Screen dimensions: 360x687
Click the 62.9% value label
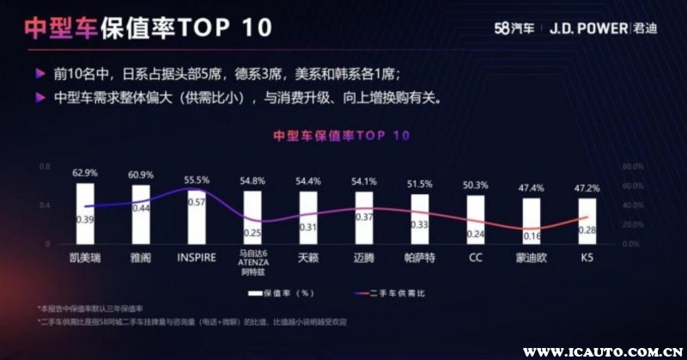click(84, 173)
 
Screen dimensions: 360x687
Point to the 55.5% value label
click(197, 180)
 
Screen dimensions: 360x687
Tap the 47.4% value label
click(532, 187)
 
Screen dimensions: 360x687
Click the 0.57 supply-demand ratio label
click(197, 202)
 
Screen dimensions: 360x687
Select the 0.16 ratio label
click(532, 235)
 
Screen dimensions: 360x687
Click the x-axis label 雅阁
click(140, 256)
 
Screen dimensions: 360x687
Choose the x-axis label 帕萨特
click(419, 256)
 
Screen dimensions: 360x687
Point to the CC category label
click(475, 256)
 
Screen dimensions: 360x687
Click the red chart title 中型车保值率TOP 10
click(341, 136)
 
